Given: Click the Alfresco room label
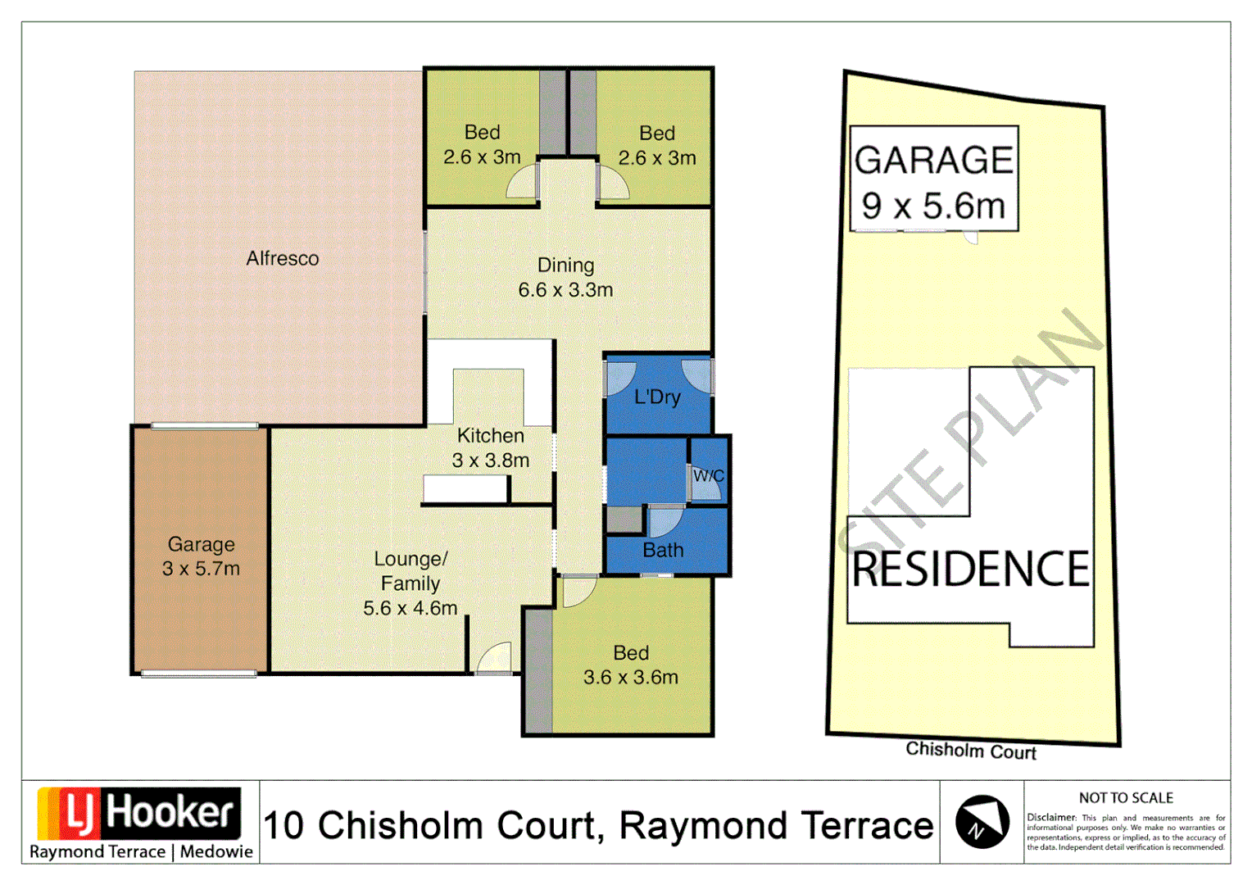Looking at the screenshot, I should click(283, 259).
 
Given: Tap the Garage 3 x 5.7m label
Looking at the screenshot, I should click(201, 556).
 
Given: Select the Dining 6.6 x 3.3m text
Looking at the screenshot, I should click(565, 278).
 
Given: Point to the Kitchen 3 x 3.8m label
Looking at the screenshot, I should click(490, 448).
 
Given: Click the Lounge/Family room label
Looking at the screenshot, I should click(411, 583).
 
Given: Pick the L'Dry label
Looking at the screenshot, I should click(657, 397).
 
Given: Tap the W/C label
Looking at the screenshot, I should click(708, 476).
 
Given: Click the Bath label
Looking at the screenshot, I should click(663, 551).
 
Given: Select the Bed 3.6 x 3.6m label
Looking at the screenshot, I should click(631, 665).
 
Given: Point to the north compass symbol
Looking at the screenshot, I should click(982, 822).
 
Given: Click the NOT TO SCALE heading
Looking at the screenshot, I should click(1126, 798).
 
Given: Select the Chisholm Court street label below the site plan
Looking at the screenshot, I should click(971, 751).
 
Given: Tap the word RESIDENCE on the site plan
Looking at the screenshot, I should click(971, 570).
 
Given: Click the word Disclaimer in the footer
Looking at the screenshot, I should click(1051, 818).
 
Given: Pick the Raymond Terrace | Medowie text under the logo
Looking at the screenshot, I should click(141, 852).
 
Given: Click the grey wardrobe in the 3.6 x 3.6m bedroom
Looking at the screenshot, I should click(538, 670).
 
